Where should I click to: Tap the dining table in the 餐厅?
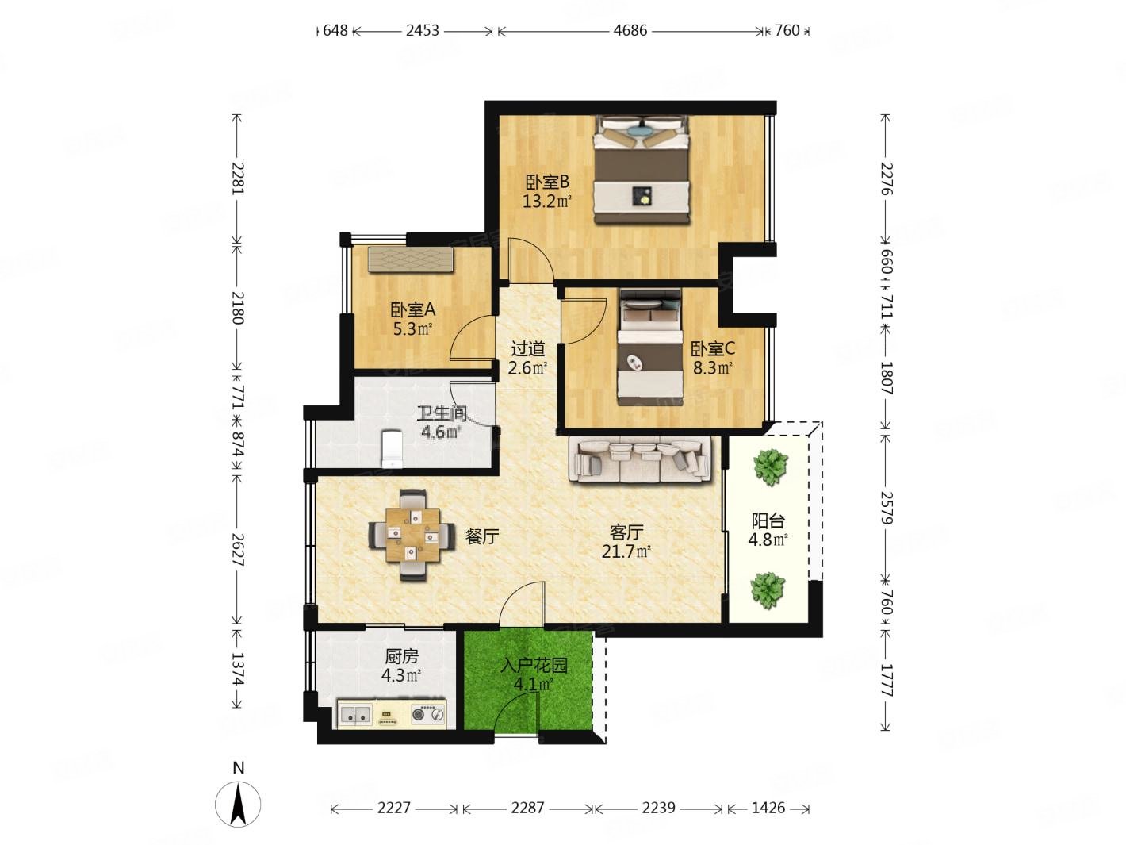point(412,534)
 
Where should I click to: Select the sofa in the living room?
point(640,459)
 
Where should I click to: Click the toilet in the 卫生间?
point(393,449)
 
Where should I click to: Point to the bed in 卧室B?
point(641,169)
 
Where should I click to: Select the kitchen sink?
point(355,713)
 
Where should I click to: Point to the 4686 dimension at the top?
point(630,31)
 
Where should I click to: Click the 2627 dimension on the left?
point(238,549)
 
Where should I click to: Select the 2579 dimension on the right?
point(886,508)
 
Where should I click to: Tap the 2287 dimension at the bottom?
point(527,808)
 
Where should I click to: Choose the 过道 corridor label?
point(528,349)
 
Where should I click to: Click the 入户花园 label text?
point(534,666)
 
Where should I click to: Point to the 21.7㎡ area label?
point(626,552)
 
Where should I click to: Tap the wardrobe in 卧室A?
point(411,259)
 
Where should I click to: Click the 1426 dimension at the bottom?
point(768,808)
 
